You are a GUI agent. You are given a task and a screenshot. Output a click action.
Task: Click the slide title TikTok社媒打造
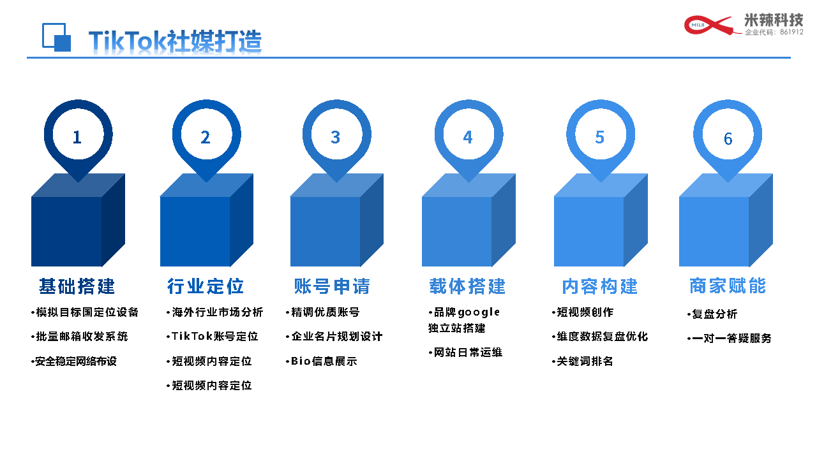click(175, 41)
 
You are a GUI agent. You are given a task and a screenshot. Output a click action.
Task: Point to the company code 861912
click(792, 32)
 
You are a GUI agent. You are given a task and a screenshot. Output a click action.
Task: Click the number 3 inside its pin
click(336, 137)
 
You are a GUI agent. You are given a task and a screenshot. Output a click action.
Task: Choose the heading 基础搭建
click(77, 286)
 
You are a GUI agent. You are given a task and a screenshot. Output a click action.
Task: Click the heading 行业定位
click(206, 286)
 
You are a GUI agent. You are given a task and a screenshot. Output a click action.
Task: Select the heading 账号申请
click(332, 286)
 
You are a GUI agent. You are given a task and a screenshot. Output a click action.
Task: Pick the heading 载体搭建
click(468, 286)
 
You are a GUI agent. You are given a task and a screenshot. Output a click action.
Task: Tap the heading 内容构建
click(600, 286)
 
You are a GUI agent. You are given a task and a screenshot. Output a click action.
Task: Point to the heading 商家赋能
click(728, 286)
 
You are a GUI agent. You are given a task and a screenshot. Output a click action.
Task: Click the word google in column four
click(479, 313)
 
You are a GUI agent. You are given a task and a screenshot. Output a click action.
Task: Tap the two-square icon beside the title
click(57, 38)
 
